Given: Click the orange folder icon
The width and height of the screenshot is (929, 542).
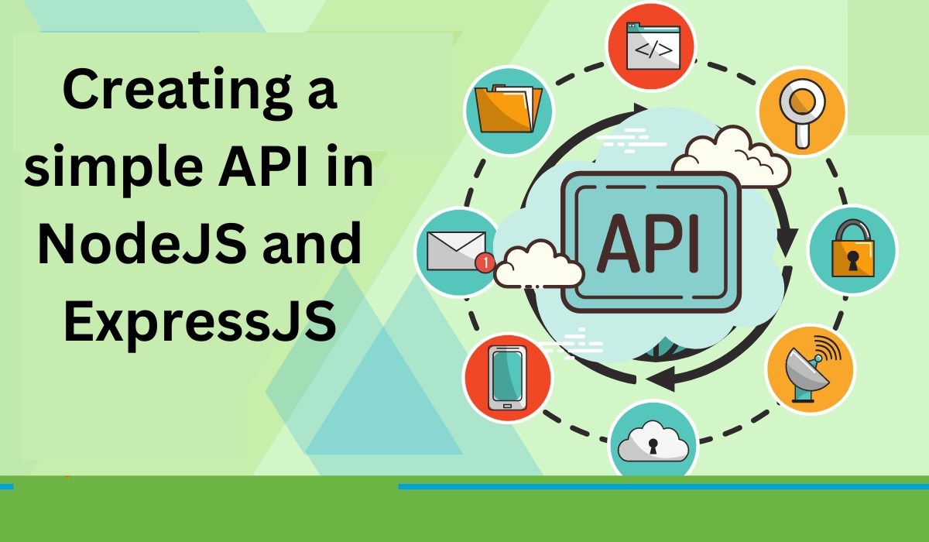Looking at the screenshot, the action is coord(508,109).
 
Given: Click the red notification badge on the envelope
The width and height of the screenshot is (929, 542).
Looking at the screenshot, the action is coord(485,262).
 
